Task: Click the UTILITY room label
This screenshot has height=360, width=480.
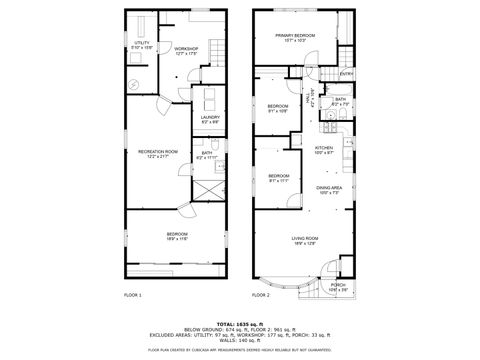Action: click(x=142, y=44)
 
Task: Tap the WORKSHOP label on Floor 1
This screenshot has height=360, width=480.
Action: click(x=186, y=50)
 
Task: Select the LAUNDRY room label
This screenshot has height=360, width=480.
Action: click(x=210, y=118)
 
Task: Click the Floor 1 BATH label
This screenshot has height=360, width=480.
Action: click(x=206, y=154)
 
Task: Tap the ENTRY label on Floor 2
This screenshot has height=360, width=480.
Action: click(x=346, y=74)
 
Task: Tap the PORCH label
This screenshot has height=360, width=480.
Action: click(x=337, y=287)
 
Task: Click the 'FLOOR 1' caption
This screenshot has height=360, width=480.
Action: click(x=133, y=296)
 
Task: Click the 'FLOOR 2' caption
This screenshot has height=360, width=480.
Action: click(x=261, y=296)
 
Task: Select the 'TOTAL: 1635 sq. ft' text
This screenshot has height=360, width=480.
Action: click(x=240, y=324)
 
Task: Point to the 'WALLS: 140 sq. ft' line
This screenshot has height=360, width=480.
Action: click(x=240, y=341)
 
